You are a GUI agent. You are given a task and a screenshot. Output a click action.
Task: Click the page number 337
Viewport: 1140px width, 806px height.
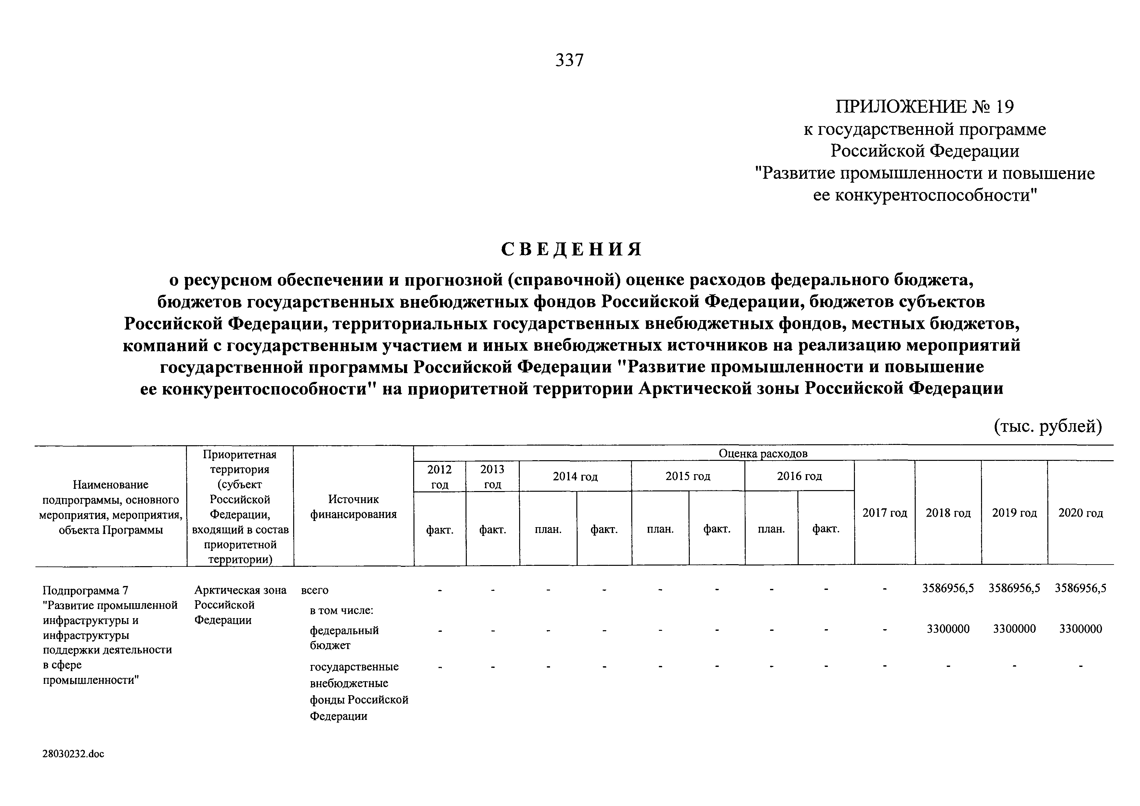[x=570, y=60]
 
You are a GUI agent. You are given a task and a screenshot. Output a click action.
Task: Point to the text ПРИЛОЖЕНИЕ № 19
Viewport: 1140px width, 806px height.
[x=924, y=107]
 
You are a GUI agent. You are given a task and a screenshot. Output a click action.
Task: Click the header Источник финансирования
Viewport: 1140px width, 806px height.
[x=354, y=507]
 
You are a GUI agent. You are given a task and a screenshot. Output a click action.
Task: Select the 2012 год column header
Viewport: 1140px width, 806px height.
[x=439, y=476]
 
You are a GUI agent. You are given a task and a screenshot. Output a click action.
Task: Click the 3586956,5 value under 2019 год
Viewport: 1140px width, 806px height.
[x=1015, y=589]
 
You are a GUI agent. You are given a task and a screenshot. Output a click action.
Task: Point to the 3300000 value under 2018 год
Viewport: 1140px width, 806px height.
[x=948, y=629]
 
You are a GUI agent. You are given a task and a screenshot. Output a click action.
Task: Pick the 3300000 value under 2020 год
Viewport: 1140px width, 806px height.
[x=1081, y=629]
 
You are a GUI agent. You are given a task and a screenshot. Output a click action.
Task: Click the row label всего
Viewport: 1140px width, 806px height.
[x=315, y=591]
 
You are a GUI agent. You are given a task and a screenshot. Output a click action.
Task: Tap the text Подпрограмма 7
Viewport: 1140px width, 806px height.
[x=85, y=591]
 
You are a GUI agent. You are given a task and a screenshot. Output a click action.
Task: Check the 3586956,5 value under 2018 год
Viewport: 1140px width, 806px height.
[x=948, y=589]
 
